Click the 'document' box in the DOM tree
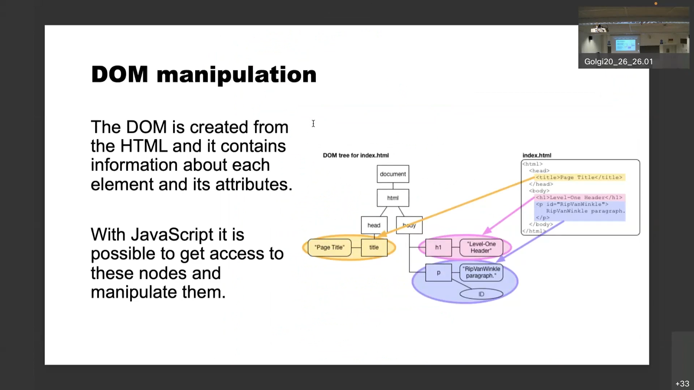pyautogui.click(x=393, y=174)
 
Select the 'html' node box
pyautogui.click(x=393, y=198)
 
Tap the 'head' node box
pyautogui.click(x=374, y=225)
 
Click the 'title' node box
pyautogui.click(x=374, y=247)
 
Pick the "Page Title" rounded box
pyautogui.click(x=329, y=247)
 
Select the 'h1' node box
pyautogui.click(x=438, y=247)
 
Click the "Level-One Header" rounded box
pyautogui.click(x=481, y=247)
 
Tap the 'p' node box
pyautogui.click(x=438, y=273)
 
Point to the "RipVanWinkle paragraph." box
pyautogui.click(x=481, y=272)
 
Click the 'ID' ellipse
pyautogui.click(x=481, y=294)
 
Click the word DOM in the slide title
pyautogui.click(x=120, y=74)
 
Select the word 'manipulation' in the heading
pyautogui.click(x=236, y=75)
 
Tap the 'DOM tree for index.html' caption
pyautogui.click(x=356, y=155)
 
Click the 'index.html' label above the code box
pyautogui.click(x=537, y=155)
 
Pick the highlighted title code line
pyautogui.click(x=579, y=177)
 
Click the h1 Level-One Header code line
pyautogui.click(x=579, y=198)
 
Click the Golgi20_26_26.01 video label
pyautogui.click(x=618, y=62)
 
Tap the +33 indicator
pyautogui.click(x=682, y=383)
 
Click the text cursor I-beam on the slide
pyautogui.click(x=313, y=123)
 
